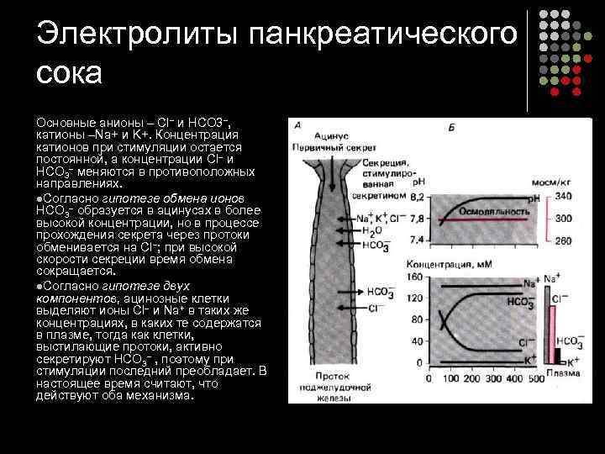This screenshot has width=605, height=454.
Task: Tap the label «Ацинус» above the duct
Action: pos(334,135)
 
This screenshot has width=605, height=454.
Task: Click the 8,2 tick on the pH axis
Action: pos(417,196)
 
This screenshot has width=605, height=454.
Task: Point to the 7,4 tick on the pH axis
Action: pos(417,240)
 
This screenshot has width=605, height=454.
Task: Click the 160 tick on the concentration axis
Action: pos(415,276)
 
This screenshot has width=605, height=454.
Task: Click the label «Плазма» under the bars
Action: pos(559,373)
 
